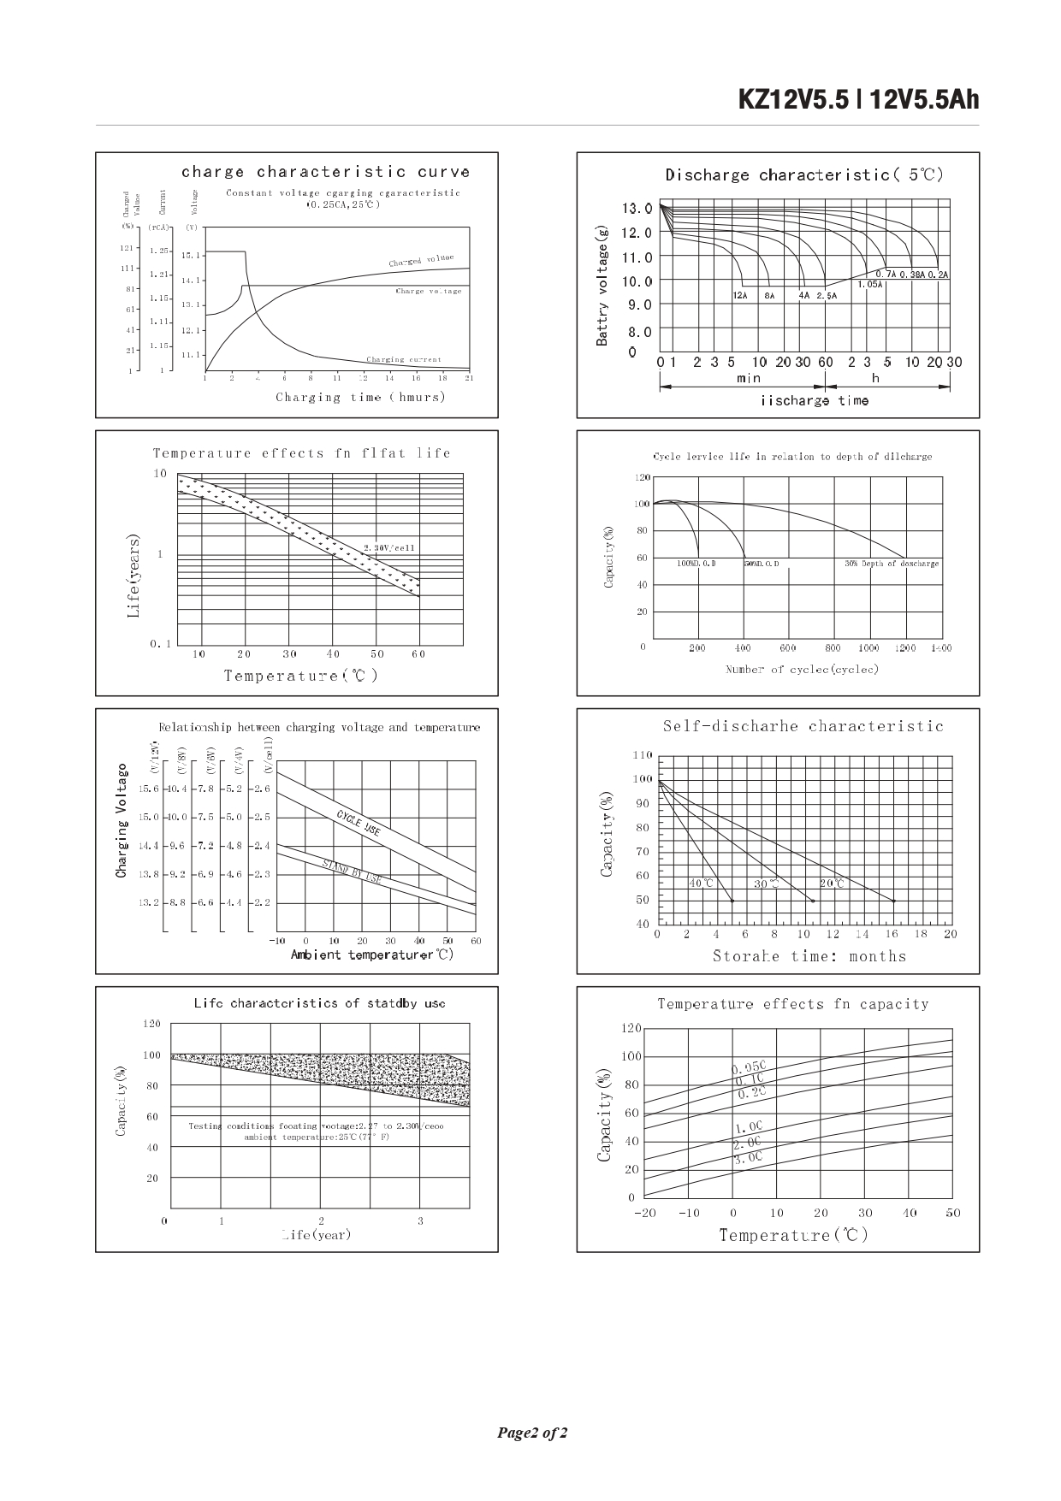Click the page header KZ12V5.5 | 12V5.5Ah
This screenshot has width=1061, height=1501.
[858, 100]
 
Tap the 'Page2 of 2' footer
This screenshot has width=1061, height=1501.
[531, 1433]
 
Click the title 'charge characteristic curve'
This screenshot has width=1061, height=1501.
[325, 172]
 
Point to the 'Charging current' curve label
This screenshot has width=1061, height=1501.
[404, 360]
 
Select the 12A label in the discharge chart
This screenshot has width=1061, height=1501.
[740, 295]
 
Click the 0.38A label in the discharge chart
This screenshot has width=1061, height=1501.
[912, 275]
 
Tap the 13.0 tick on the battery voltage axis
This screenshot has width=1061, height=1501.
[636, 209]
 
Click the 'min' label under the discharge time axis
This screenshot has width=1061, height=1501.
[749, 378]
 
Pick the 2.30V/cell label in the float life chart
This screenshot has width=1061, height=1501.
[389, 547]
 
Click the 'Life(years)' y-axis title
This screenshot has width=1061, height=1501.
[133, 576]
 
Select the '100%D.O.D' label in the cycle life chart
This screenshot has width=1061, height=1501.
[696, 564]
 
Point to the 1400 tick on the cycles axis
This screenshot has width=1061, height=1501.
[940, 648]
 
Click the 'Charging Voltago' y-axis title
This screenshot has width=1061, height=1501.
[122, 821]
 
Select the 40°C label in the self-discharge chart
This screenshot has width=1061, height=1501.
[701, 883]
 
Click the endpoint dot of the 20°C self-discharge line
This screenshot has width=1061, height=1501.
[894, 901]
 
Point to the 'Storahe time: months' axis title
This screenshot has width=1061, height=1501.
[809, 956]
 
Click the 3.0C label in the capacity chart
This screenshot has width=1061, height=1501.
[747, 1158]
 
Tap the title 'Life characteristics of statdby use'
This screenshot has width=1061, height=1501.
[319, 1003]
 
